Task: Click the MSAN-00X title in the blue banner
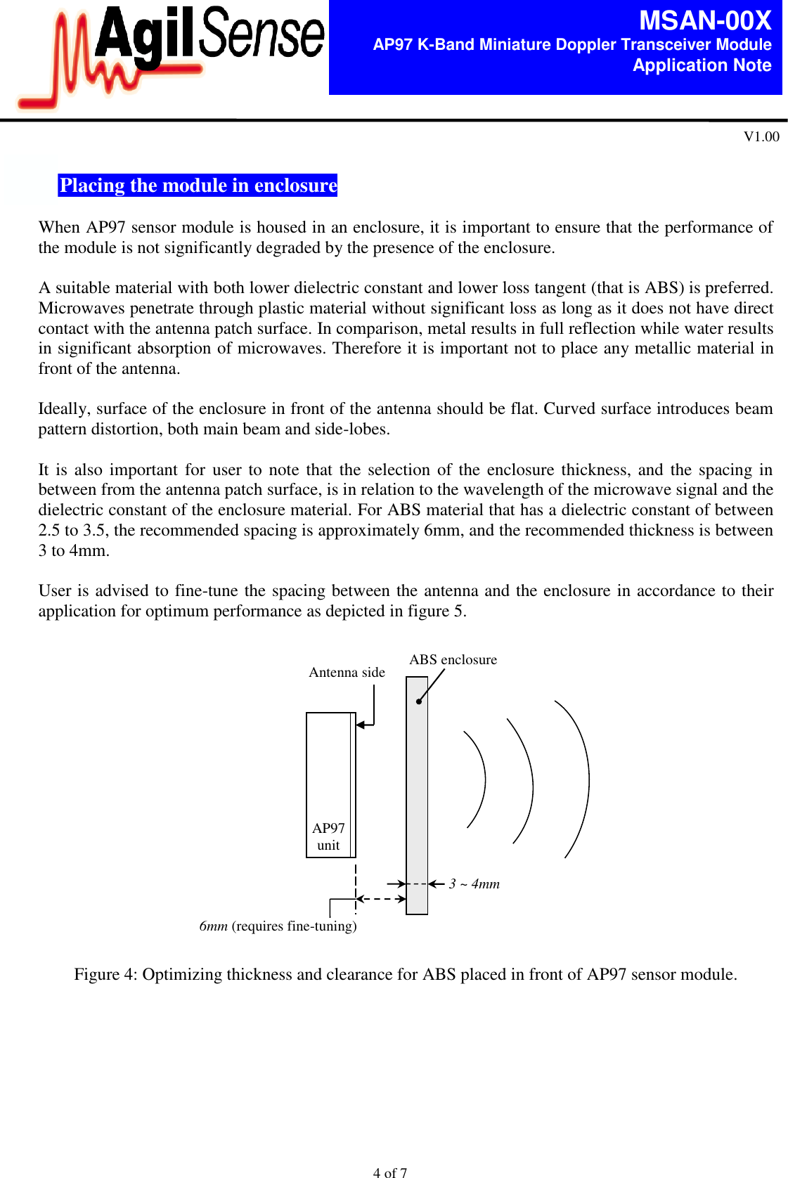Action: click(x=704, y=20)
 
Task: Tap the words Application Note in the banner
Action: click(x=702, y=65)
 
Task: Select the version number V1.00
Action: click(x=761, y=136)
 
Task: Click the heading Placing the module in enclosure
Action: click(x=198, y=185)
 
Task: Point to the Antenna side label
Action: click(x=347, y=672)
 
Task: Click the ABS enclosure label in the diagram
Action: click(x=453, y=659)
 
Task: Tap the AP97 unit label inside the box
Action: click(x=328, y=836)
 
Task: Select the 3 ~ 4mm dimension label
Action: click(x=474, y=883)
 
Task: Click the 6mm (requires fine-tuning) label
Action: click(x=278, y=926)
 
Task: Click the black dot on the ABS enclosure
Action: click(x=418, y=701)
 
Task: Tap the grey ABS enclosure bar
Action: click(x=417, y=794)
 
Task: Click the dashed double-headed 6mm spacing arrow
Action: click(x=381, y=898)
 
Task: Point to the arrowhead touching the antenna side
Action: click(x=361, y=725)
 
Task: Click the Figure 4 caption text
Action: click(x=406, y=974)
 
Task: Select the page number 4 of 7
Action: click(x=389, y=1172)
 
